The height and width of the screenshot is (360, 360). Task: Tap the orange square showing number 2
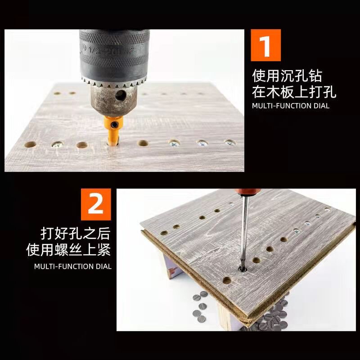[95, 205]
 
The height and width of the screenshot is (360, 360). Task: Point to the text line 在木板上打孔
[294, 92]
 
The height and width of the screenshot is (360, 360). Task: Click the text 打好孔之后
[75, 234]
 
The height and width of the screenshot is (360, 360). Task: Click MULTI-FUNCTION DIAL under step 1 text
[290, 106]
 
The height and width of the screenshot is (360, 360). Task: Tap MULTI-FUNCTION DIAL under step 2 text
[73, 266]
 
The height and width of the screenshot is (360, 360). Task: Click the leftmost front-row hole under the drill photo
[31, 145]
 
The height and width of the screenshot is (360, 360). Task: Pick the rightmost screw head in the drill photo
[230, 143]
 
